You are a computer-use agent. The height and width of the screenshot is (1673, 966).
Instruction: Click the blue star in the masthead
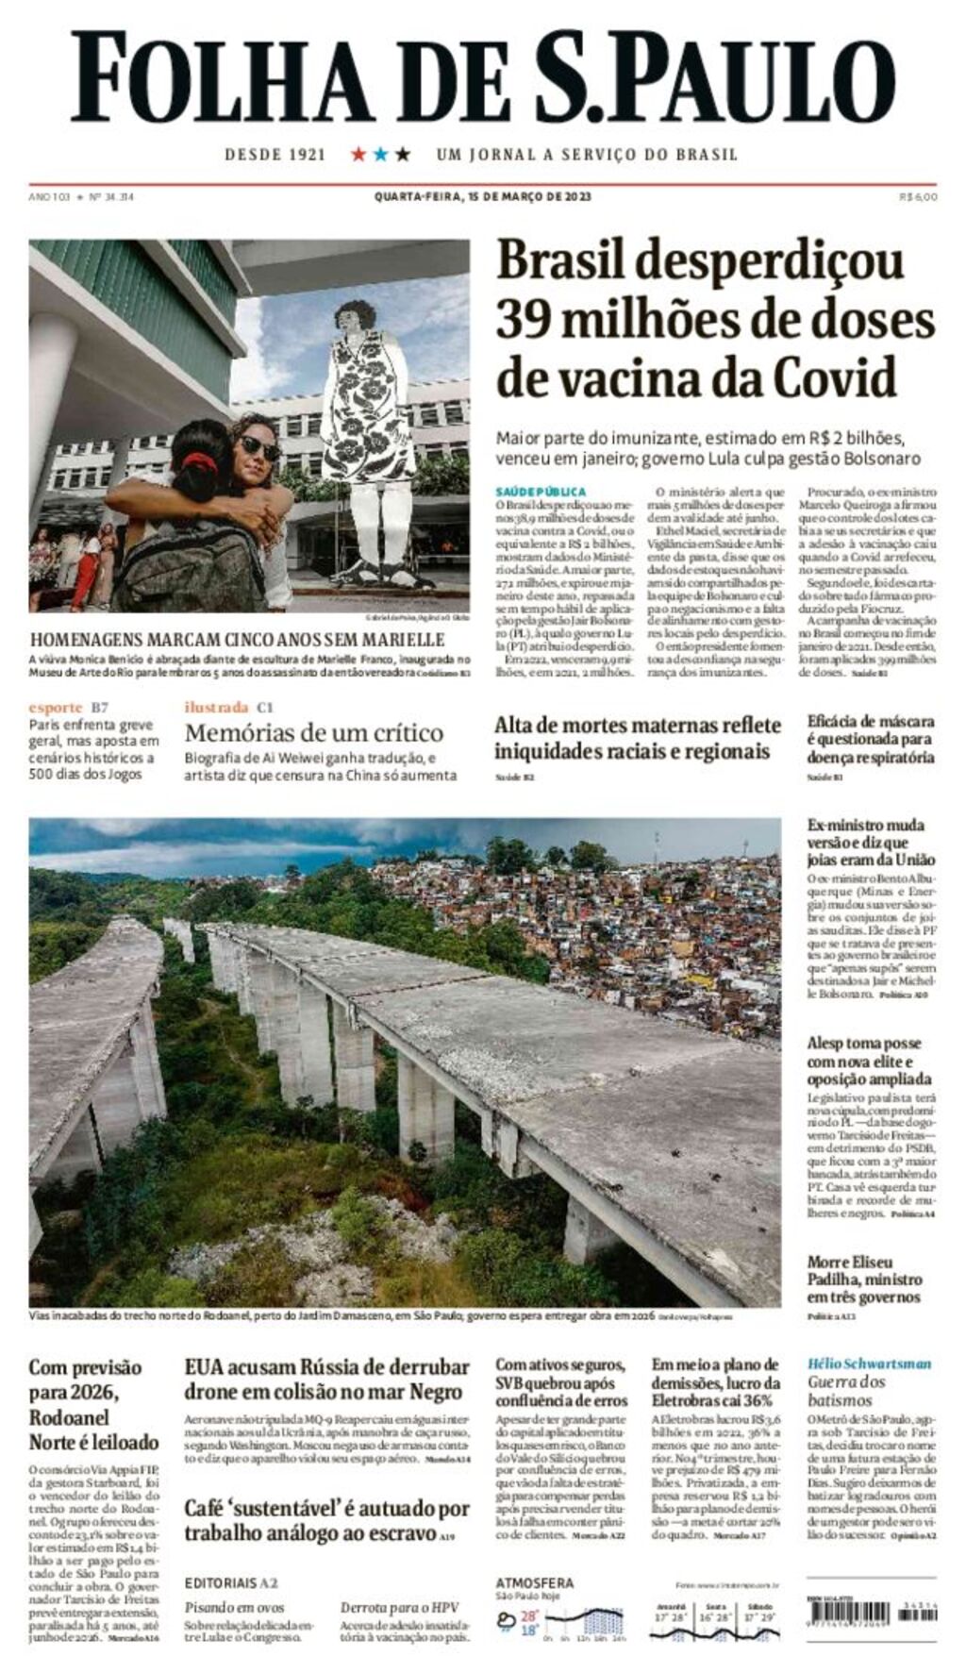pyautogui.click(x=380, y=154)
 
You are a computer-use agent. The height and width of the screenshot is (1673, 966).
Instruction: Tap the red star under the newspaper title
pyautogui.click(x=358, y=154)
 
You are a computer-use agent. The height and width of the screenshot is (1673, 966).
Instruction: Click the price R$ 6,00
pyautogui.click(x=918, y=197)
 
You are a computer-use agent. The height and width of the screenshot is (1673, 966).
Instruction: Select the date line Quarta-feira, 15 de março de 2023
pyautogui.click(x=482, y=197)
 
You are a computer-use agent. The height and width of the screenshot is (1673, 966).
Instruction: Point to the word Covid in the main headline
pyautogui.click(x=834, y=377)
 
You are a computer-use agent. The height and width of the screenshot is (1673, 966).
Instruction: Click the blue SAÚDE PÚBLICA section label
pyautogui.click(x=541, y=492)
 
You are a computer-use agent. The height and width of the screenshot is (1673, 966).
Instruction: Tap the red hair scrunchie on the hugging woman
pyautogui.click(x=199, y=463)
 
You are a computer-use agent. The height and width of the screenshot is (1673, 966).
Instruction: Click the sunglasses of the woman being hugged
pyautogui.click(x=258, y=447)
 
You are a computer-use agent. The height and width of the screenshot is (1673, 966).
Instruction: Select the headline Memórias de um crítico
pyautogui.click(x=313, y=732)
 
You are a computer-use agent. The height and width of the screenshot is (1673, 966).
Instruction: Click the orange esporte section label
pyautogui.click(x=55, y=707)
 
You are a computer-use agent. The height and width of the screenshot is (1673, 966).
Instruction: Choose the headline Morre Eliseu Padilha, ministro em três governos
pyautogui.click(x=864, y=1280)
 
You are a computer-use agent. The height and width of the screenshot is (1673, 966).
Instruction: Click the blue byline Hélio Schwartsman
pyautogui.click(x=869, y=1363)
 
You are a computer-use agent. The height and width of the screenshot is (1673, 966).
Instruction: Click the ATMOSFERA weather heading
pyautogui.click(x=534, y=1582)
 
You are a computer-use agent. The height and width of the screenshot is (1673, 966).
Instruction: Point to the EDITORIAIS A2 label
pyautogui.click(x=230, y=1582)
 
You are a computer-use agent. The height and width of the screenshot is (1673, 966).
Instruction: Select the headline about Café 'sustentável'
pyautogui.click(x=326, y=1520)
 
